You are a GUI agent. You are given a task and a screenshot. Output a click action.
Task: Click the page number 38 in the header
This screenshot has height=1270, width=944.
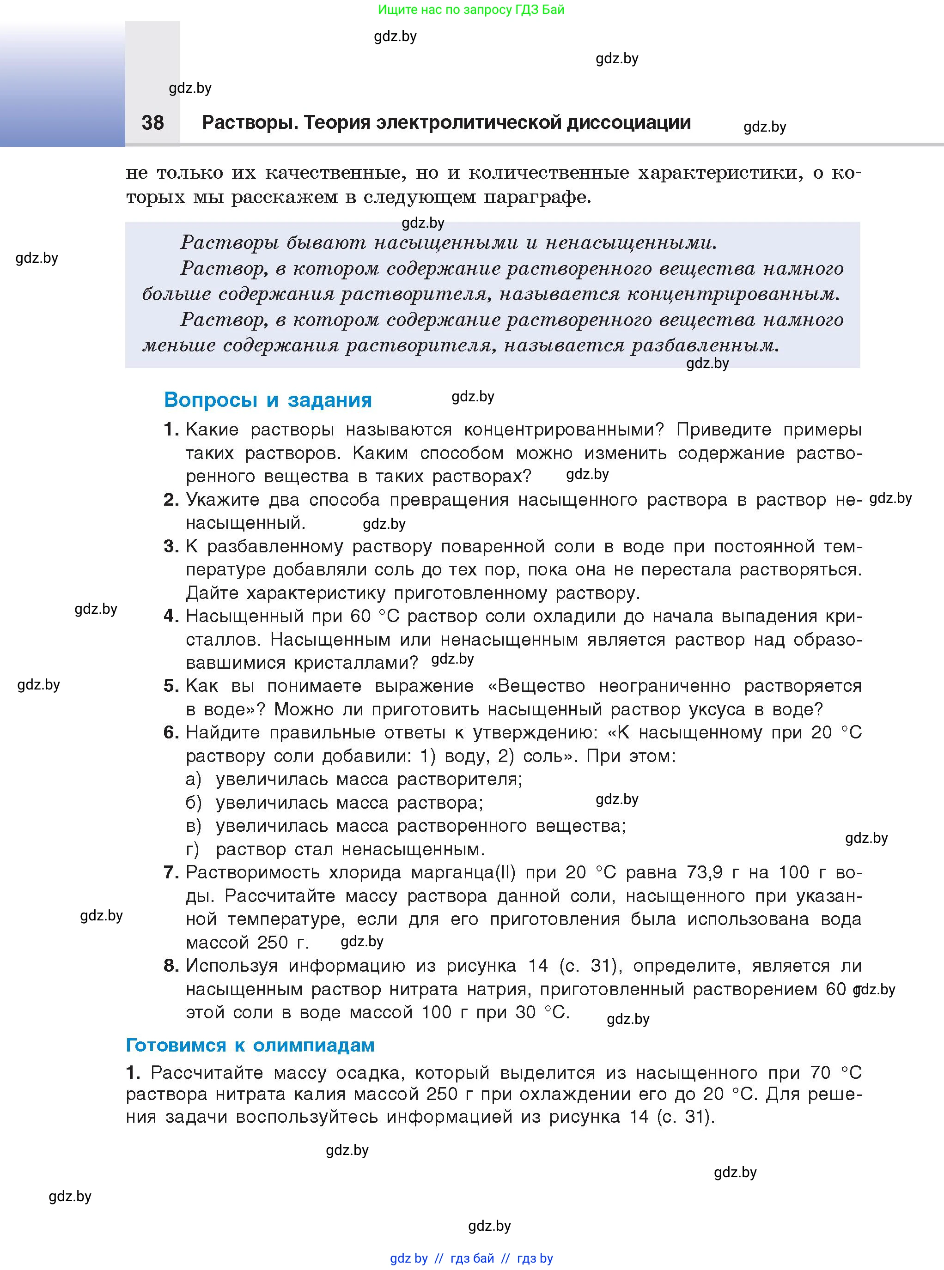(x=152, y=122)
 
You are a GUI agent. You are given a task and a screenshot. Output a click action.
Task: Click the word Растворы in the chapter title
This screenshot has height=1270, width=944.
(x=249, y=123)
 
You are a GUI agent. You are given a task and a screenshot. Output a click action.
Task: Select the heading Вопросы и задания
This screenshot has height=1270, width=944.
(x=268, y=400)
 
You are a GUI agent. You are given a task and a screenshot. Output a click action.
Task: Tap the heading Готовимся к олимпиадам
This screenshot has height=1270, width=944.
(x=250, y=1045)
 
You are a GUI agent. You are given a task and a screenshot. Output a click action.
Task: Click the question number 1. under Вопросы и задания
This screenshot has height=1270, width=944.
(x=171, y=429)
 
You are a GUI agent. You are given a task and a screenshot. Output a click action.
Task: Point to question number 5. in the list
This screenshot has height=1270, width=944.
(x=171, y=685)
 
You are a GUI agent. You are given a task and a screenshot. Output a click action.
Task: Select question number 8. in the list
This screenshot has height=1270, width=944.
(x=171, y=966)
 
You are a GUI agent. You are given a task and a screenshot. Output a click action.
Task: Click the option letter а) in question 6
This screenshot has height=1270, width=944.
(x=193, y=780)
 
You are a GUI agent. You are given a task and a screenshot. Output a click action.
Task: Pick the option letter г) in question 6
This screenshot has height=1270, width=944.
(x=193, y=849)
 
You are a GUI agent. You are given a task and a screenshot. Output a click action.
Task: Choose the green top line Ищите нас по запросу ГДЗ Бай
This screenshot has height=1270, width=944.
(x=471, y=10)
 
